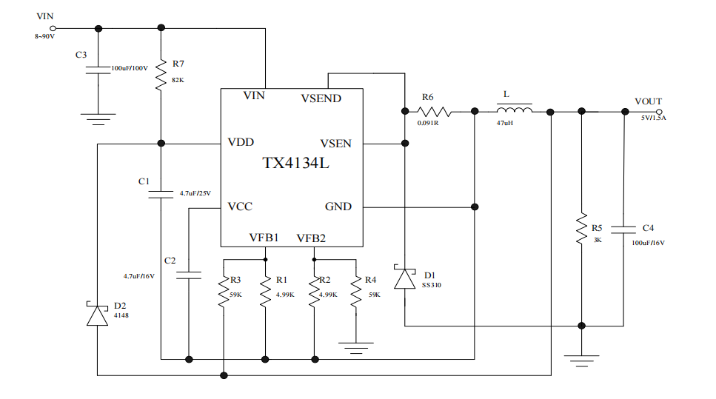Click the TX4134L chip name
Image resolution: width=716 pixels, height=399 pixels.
click(295, 163)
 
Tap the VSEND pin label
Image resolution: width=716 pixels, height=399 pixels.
click(321, 98)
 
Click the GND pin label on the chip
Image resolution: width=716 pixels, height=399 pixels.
click(338, 207)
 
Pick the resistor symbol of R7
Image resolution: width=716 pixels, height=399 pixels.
click(161, 75)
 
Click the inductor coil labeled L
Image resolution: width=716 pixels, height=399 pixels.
click(514, 111)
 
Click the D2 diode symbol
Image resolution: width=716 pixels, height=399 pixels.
click(97, 314)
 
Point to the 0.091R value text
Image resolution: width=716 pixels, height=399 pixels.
click(428, 124)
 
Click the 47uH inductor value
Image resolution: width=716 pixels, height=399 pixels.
click(506, 124)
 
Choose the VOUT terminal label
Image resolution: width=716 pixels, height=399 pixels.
click(648, 101)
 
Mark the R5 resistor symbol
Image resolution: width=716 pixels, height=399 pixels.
click(581, 230)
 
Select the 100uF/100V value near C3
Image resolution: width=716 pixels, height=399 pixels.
click(130, 68)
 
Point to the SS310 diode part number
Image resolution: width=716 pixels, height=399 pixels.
click(431, 284)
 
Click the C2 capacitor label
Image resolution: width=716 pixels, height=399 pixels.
click(170, 261)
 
